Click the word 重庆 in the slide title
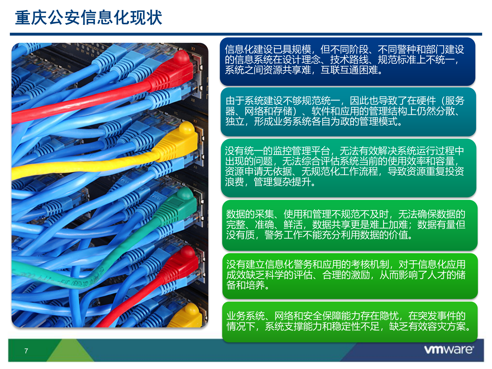pos(31,18)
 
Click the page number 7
pos(26,351)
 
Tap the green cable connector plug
pos(179,205)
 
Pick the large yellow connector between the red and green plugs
pos(179,140)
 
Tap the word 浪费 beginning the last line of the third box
pos(234,182)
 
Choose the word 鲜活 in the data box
pos(293,225)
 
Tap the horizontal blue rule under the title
pos(246,34)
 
